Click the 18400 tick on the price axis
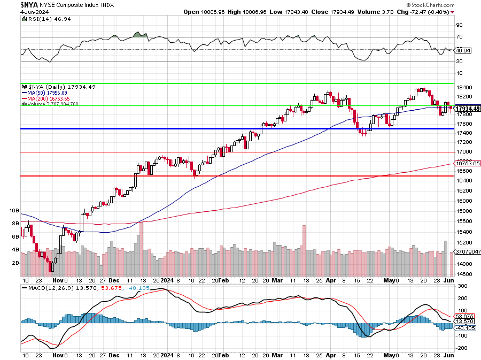(x=463, y=88)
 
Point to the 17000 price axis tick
(x=463, y=152)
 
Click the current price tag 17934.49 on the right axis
(x=467, y=109)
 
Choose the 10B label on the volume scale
(x=14, y=211)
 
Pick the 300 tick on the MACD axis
(x=459, y=286)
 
